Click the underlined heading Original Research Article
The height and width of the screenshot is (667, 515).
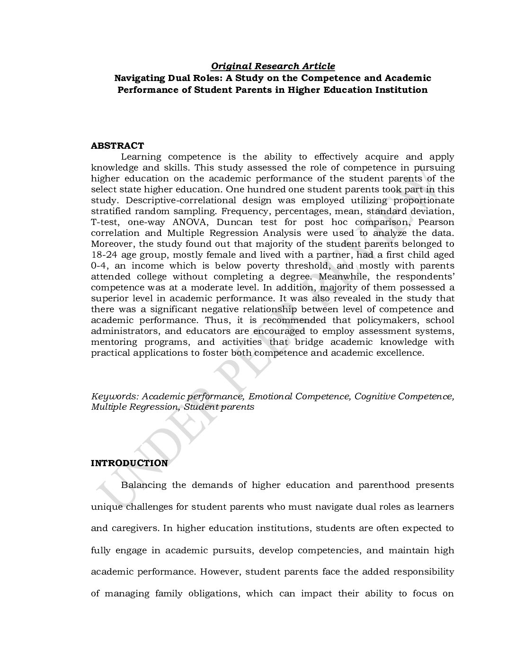click(x=273, y=66)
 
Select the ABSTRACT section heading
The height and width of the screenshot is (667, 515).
click(x=117, y=146)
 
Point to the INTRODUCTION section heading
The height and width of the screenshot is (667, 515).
click(x=129, y=463)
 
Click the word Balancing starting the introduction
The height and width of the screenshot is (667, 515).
click(x=144, y=485)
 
